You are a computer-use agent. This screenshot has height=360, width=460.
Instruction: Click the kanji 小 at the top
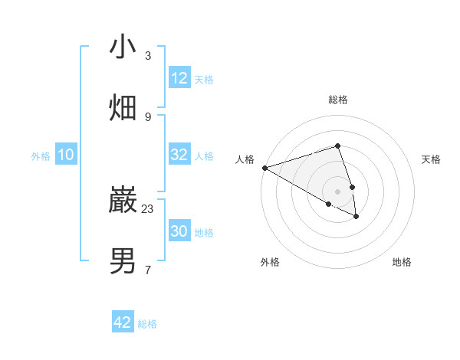click(x=123, y=47)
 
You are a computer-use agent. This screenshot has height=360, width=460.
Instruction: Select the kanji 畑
click(x=123, y=108)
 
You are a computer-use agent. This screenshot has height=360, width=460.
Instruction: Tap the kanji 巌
click(x=123, y=201)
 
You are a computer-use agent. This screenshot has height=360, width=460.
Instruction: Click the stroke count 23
click(x=148, y=208)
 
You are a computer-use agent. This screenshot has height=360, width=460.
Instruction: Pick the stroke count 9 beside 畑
click(x=148, y=116)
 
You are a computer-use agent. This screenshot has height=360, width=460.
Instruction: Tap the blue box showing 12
click(x=179, y=78)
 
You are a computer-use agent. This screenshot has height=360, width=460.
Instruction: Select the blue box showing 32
click(x=179, y=155)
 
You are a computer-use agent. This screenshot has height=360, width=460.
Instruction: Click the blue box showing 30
click(x=179, y=231)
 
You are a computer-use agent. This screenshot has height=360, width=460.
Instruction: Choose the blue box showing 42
click(x=123, y=322)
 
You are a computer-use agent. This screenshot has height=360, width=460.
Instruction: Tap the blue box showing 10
click(x=66, y=155)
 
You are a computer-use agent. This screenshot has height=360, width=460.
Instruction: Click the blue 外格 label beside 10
click(x=41, y=156)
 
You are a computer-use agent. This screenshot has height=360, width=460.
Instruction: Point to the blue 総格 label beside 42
click(x=147, y=324)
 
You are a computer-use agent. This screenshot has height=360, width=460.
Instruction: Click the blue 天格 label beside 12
click(x=204, y=80)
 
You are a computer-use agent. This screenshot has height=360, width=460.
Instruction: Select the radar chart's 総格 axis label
click(x=337, y=100)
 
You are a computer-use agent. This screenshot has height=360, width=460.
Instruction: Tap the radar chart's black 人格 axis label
click(x=245, y=159)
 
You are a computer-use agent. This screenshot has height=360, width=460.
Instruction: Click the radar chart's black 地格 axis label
click(x=402, y=262)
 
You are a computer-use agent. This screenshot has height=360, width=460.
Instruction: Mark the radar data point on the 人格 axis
click(x=264, y=168)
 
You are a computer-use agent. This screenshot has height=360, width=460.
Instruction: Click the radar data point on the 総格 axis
click(x=337, y=146)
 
